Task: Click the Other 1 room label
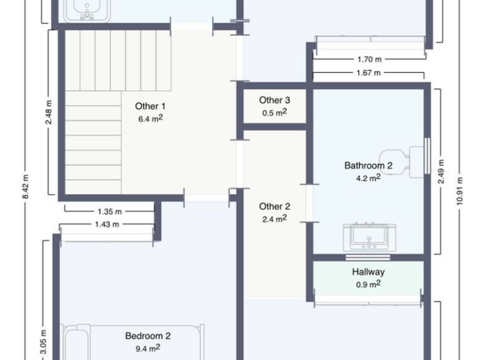tap(150, 107)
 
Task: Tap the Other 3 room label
tap(275, 100)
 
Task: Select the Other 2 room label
tap(275, 206)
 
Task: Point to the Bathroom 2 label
tap(368, 166)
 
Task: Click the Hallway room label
tap(368, 272)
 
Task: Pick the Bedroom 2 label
tap(148, 336)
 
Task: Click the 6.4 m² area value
tap(150, 119)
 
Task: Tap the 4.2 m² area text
tap(368, 178)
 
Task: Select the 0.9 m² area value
tap(368, 284)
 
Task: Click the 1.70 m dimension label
tap(370, 59)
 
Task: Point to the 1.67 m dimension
tap(368, 73)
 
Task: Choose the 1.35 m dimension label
tap(110, 212)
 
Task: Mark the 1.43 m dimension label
tap(107, 224)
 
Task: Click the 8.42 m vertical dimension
tap(26, 186)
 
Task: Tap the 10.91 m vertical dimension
tap(460, 191)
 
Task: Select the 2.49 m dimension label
tap(441, 172)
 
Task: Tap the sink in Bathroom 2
tap(370, 237)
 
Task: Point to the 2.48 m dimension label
tap(49, 112)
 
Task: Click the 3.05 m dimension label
tap(43, 342)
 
